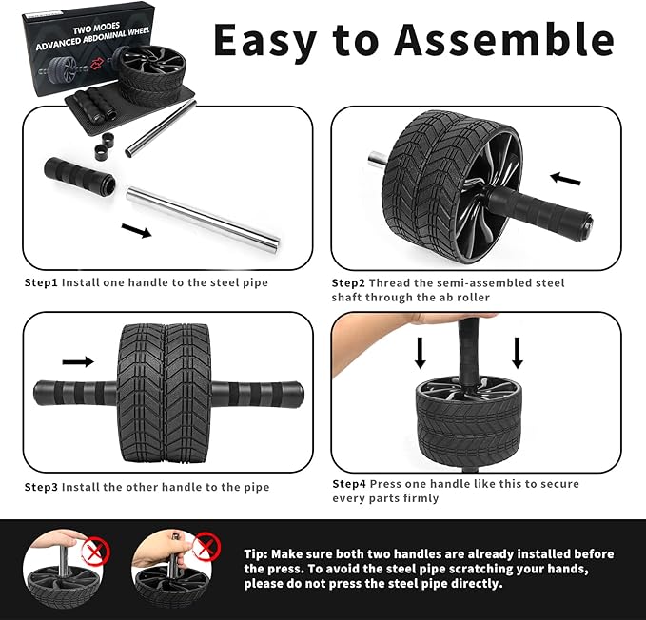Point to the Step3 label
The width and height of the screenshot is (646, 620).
41,487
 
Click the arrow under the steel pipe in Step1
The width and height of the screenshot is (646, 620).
137,231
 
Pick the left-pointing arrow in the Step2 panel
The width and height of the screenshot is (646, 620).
565,178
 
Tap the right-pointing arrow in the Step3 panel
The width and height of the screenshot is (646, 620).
78,361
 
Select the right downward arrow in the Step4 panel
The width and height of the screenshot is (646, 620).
518,353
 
